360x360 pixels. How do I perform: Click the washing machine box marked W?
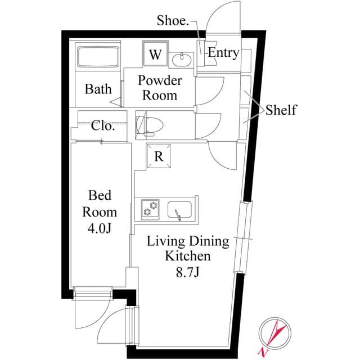pos(156,55)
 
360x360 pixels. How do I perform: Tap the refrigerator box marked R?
pos(159,156)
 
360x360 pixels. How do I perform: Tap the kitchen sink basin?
pos(179,210)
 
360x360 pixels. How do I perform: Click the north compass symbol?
pos(273,335)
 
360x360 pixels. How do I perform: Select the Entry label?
pos(223,53)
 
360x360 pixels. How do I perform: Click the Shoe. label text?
pos(172,21)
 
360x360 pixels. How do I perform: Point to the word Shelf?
pos(281,110)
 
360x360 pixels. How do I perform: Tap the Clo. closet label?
pos(103,125)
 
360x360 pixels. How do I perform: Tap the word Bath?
pos(98,89)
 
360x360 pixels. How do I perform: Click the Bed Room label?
pos(100,204)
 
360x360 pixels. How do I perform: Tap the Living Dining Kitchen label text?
pos(188,249)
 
